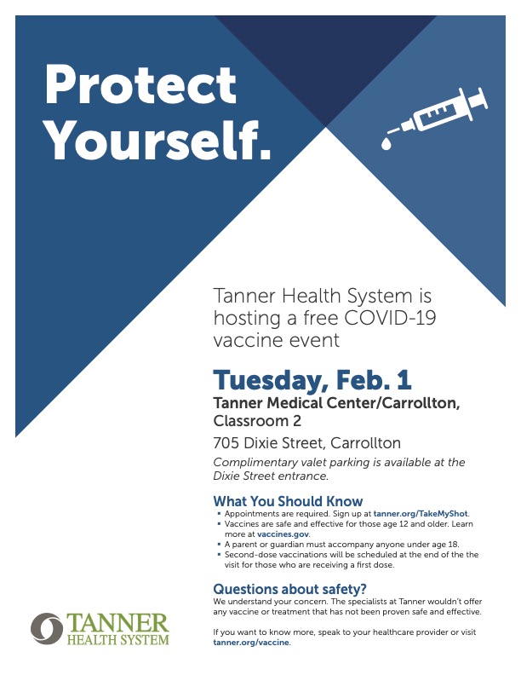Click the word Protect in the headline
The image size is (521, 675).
(140, 84)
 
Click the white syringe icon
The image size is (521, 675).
(435, 118)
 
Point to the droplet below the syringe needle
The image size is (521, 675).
(386, 144)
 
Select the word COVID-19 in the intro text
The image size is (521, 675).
(390, 318)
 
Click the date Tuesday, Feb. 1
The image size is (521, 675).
(312, 380)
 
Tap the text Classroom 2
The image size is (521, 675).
(257, 420)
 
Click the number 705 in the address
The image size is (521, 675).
(226, 443)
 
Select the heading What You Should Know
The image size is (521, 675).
(288, 501)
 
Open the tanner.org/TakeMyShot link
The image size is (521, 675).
(421, 514)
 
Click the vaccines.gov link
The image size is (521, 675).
(283, 534)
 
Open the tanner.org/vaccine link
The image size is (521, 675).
(251, 643)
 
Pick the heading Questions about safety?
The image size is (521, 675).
(289, 588)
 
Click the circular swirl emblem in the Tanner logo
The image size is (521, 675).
(47, 628)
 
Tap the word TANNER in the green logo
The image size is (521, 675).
(117, 623)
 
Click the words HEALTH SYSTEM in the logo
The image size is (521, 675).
(117, 640)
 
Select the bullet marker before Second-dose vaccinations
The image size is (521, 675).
(220, 555)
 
